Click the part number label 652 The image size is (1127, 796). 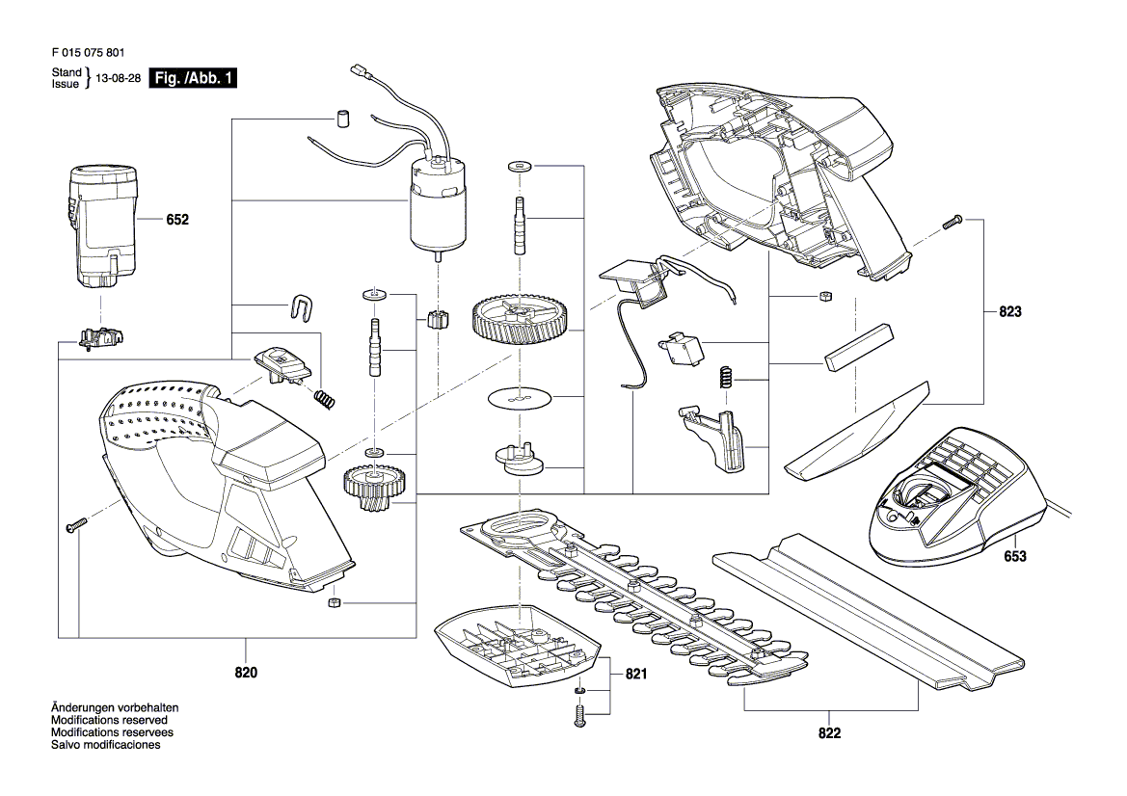tap(177, 220)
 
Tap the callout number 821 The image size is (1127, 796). tap(635, 675)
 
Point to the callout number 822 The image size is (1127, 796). tap(829, 733)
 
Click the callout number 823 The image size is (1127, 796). tap(1009, 312)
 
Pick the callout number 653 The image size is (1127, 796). tap(1015, 557)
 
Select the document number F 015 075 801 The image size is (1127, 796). tap(85, 55)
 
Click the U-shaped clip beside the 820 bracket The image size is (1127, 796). tap(303, 305)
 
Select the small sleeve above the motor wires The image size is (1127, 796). tap(341, 118)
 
